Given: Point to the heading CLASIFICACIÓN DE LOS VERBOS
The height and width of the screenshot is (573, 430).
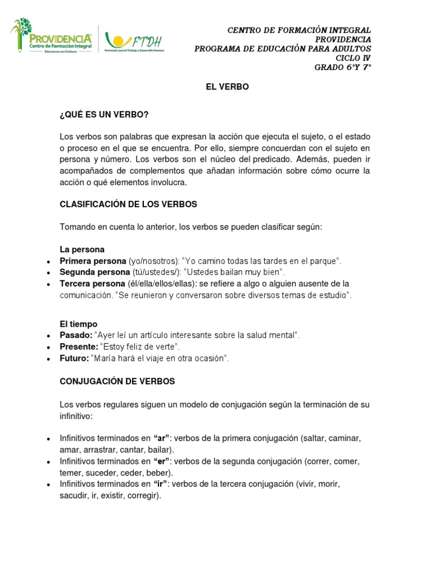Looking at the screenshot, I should coord(128,204).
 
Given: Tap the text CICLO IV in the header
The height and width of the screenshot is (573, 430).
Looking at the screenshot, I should coord(353,58).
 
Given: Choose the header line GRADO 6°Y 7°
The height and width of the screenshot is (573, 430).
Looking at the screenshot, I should coord(343,68).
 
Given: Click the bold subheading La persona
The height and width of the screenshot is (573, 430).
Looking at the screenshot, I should coord(82,249).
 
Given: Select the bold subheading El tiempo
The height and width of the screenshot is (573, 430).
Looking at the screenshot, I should coord(78,323).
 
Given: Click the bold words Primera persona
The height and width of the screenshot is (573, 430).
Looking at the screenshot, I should coord(93,261).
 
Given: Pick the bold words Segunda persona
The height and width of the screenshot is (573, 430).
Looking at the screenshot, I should coord(94,272).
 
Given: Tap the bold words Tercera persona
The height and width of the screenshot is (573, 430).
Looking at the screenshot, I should coord(92,283).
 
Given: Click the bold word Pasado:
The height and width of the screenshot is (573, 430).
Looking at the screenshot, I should coord(76,335).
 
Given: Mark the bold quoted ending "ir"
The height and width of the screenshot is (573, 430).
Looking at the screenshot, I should coord(160,483).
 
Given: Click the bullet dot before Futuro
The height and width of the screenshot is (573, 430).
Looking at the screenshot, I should coord(49,358).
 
